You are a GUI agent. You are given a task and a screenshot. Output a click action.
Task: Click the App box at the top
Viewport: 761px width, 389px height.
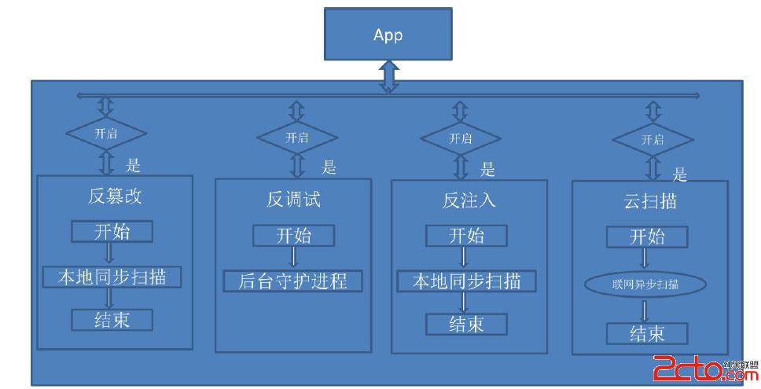point(387,35)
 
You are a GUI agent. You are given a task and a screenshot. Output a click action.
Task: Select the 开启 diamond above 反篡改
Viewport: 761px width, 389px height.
point(106,133)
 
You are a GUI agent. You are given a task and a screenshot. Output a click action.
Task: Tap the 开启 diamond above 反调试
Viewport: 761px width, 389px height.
point(297,137)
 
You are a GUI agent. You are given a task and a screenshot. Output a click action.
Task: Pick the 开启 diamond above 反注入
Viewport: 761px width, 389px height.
point(461,139)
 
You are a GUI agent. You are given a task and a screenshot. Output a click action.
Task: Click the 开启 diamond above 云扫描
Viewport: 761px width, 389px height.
point(652,140)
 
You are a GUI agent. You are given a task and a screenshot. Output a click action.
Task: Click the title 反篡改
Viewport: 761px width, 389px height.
point(115,196)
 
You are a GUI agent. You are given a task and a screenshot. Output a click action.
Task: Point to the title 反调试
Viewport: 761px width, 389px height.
point(293,199)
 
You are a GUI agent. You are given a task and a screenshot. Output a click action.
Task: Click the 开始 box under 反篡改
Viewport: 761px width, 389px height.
point(111,232)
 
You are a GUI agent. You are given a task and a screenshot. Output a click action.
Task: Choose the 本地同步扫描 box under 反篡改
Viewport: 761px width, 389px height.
point(111,277)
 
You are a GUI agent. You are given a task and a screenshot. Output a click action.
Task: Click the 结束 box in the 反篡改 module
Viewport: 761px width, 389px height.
point(111,320)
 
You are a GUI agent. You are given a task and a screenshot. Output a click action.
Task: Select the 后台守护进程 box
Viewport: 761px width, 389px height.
point(293,281)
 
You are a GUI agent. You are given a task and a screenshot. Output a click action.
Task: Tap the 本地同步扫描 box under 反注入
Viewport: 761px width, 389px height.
point(466,281)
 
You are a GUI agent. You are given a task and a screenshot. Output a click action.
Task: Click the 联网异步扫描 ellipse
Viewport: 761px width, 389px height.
point(647,284)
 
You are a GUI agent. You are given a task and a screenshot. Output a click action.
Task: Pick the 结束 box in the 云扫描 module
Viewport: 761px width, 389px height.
point(647,333)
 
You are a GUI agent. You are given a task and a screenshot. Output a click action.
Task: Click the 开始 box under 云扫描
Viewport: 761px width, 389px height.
point(647,237)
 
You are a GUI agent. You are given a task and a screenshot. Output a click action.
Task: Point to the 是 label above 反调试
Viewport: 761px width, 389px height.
point(329,167)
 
